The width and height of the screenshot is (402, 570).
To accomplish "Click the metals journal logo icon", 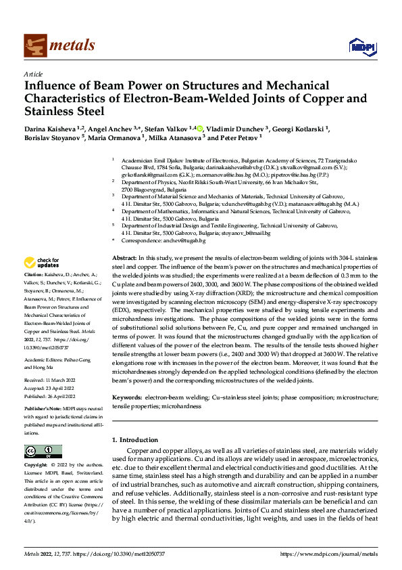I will (34, 45).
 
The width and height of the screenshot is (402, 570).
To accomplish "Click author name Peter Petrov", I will (241, 137).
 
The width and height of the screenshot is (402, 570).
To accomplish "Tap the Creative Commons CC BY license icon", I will (43, 452).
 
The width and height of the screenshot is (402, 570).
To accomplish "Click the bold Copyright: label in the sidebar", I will (37, 466).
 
